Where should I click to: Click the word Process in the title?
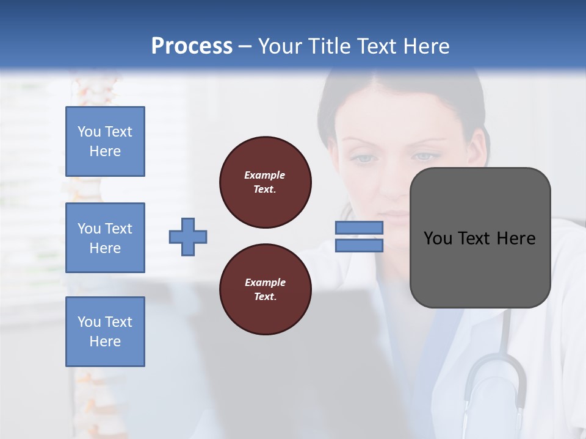[x=192, y=46]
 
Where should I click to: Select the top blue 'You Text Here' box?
[x=105, y=141]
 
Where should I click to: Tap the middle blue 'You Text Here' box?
[x=105, y=238]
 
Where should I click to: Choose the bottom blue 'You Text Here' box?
[x=105, y=332]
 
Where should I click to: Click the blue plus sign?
[x=188, y=237]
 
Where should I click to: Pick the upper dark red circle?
[x=266, y=182]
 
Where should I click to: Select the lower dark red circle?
[x=266, y=290]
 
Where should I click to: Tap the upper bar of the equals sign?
[x=359, y=227]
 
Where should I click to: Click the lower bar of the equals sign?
[x=359, y=245]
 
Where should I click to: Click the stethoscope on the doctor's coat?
[x=494, y=378]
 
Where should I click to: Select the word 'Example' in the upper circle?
[x=265, y=175]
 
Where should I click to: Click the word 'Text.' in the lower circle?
[x=265, y=297]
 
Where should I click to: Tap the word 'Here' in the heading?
[x=426, y=46]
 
